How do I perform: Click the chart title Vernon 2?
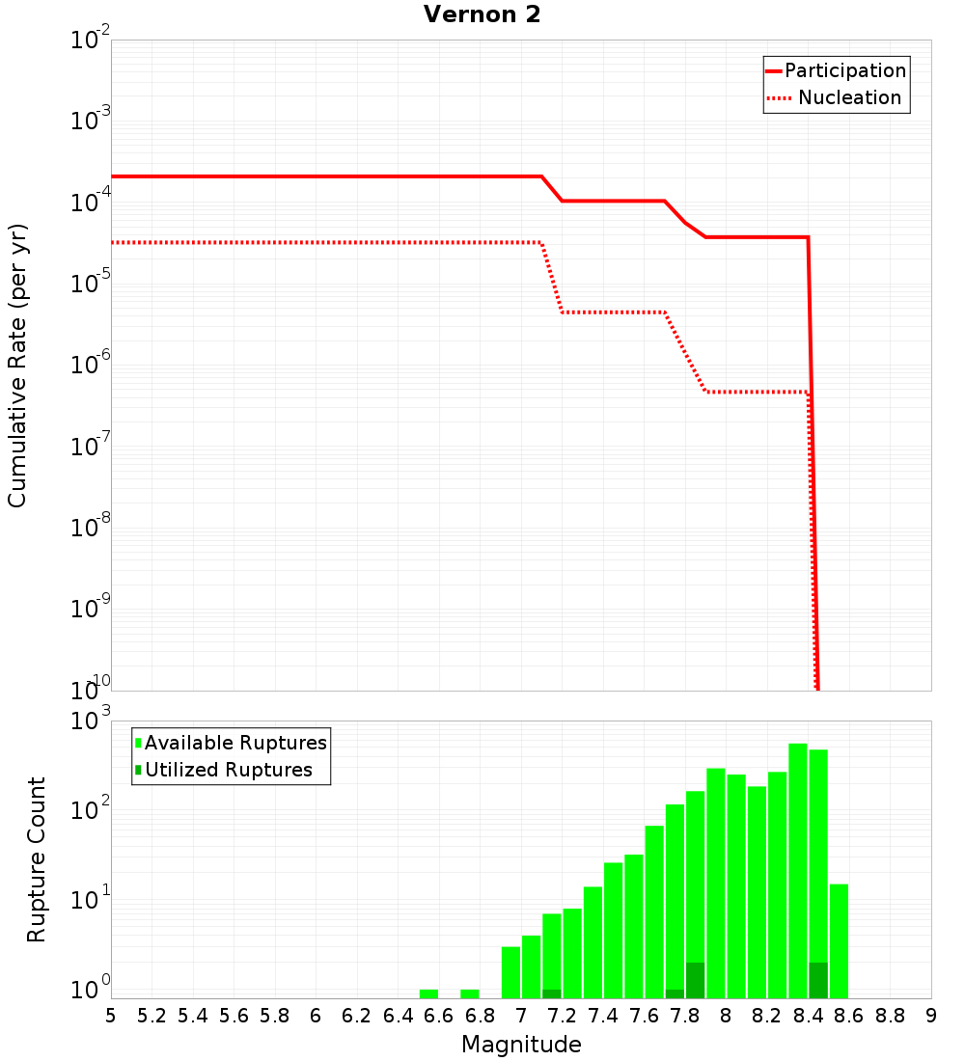click(x=482, y=15)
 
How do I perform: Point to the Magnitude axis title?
click(x=521, y=1045)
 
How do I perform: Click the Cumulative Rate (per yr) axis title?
click(x=18, y=365)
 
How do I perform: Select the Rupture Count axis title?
click(x=37, y=859)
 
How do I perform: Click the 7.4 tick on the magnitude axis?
click(x=603, y=1016)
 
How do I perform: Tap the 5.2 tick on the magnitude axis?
click(x=152, y=1016)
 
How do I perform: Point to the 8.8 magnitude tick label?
click(x=890, y=1016)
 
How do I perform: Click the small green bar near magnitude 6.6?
click(x=428, y=993)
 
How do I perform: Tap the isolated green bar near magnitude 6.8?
click(x=470, y=993)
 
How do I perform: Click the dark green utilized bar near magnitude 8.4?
click(x=818, y=980)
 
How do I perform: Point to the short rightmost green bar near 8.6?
click(x=839, y=940)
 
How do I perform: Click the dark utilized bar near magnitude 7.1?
click(x=552, y=993)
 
